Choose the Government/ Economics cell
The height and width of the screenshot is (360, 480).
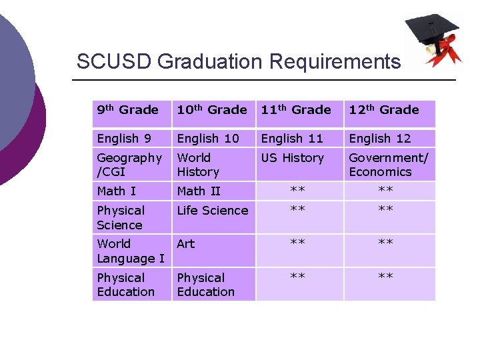[x=389, y=165]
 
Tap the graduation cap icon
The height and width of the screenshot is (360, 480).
[x=434, y=39]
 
